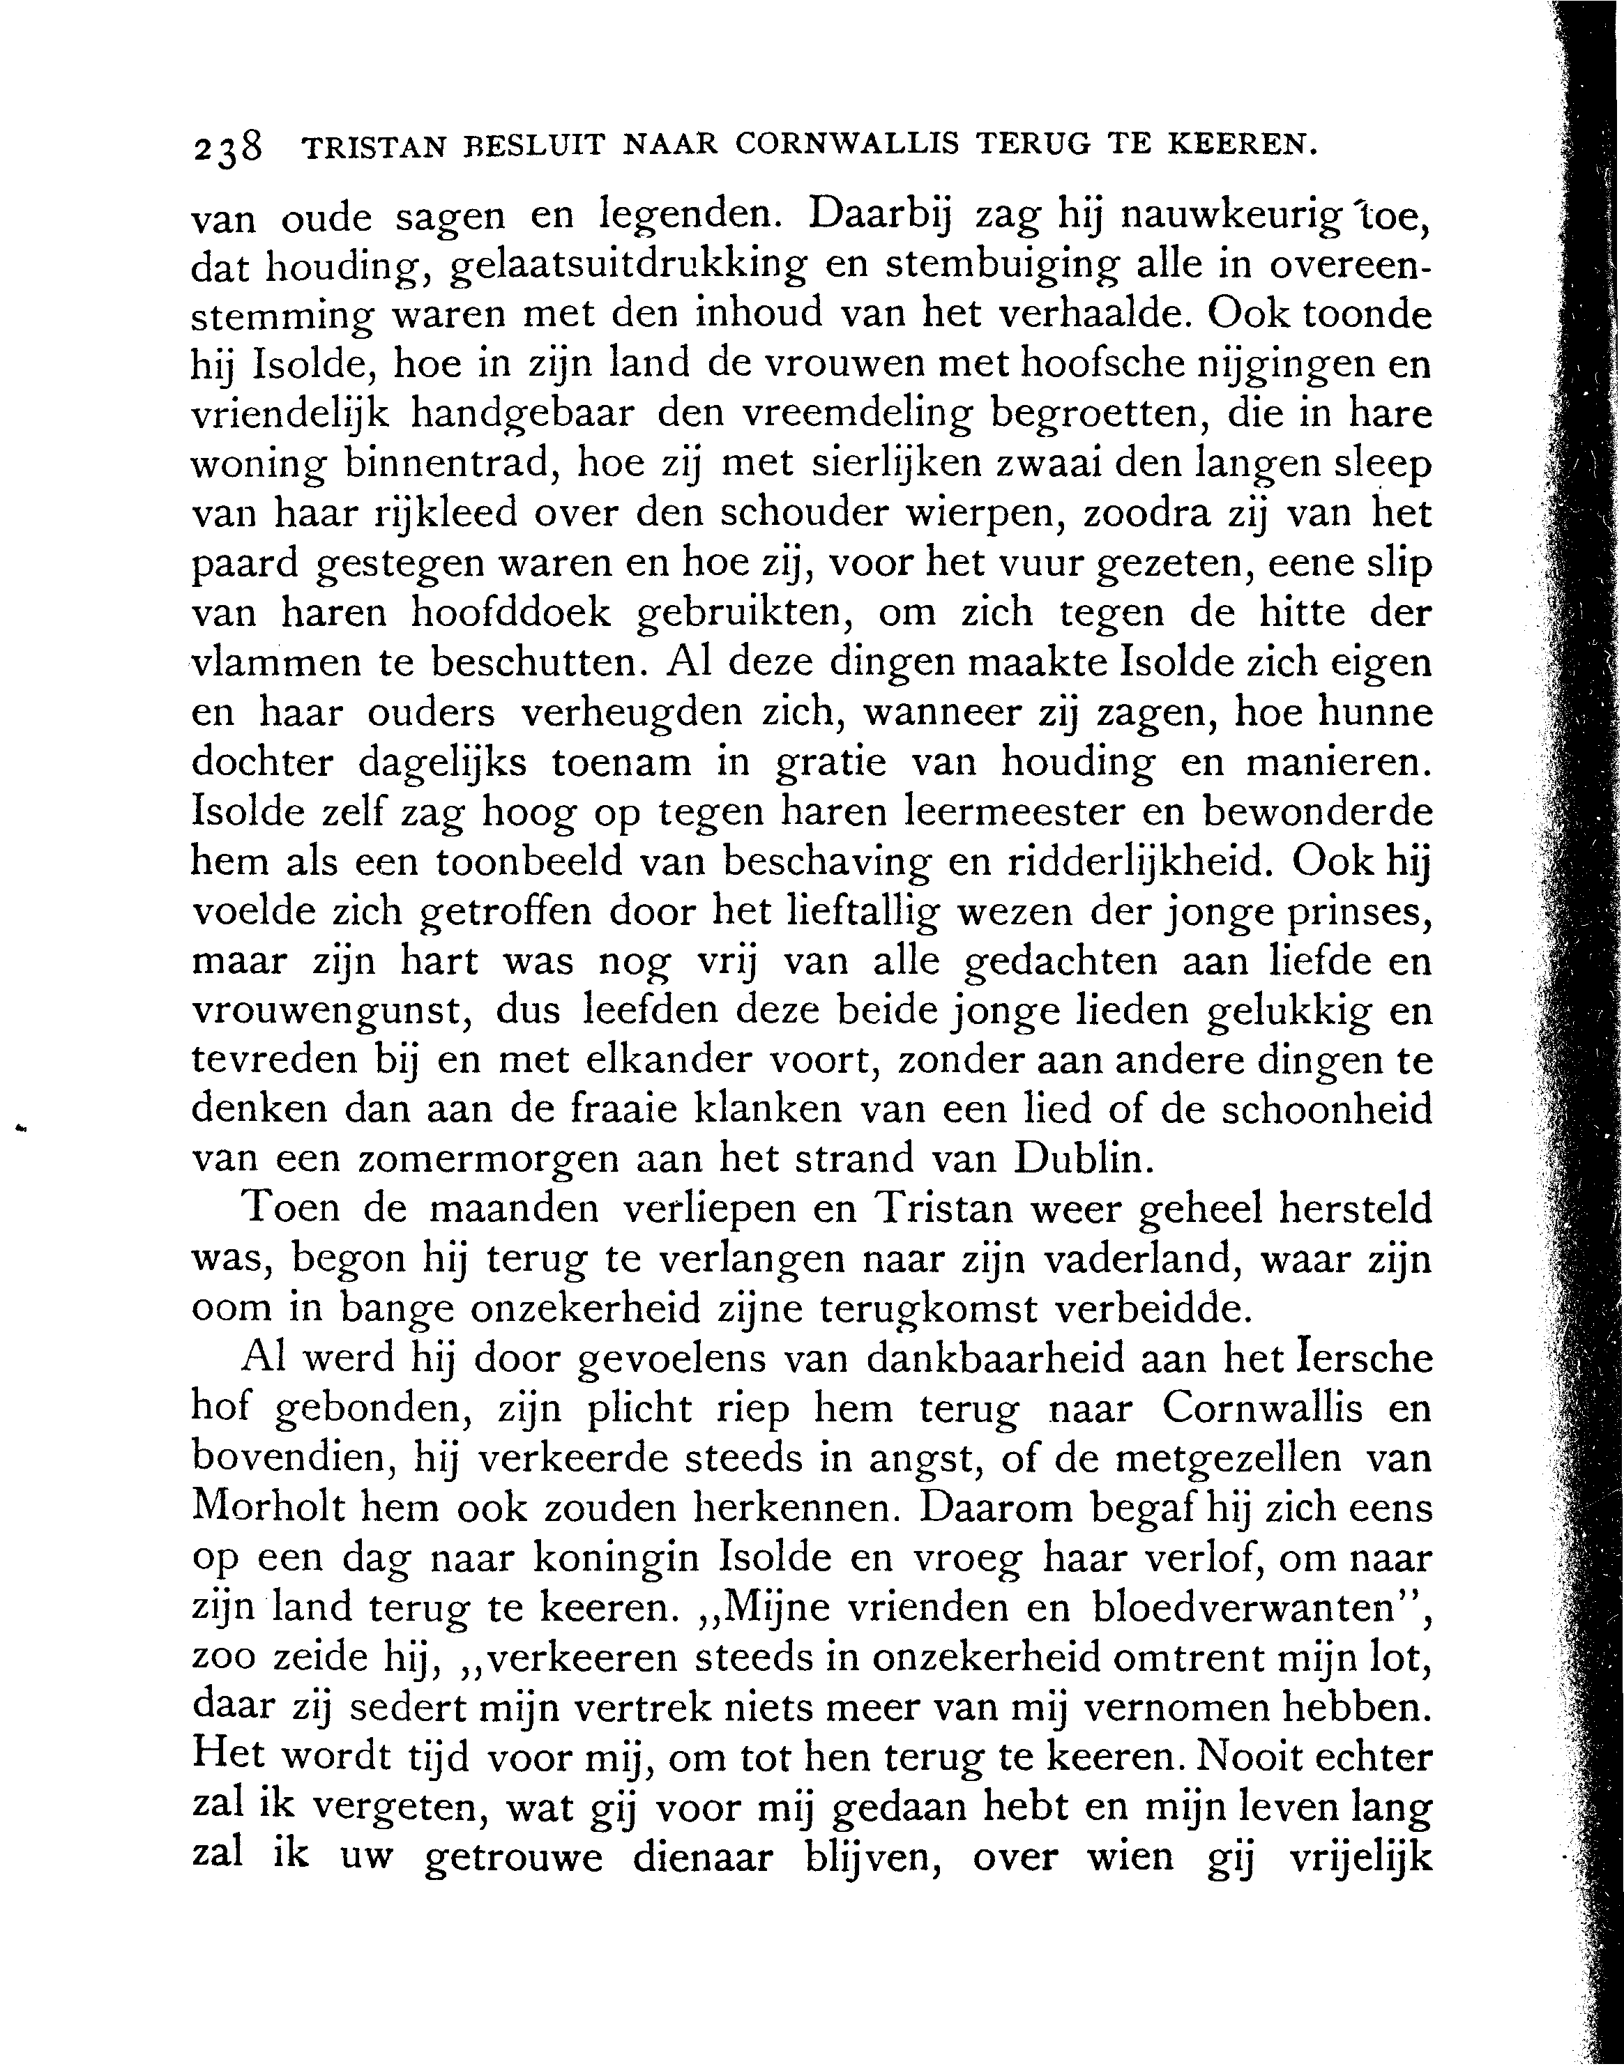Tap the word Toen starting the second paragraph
(291, 1210)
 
